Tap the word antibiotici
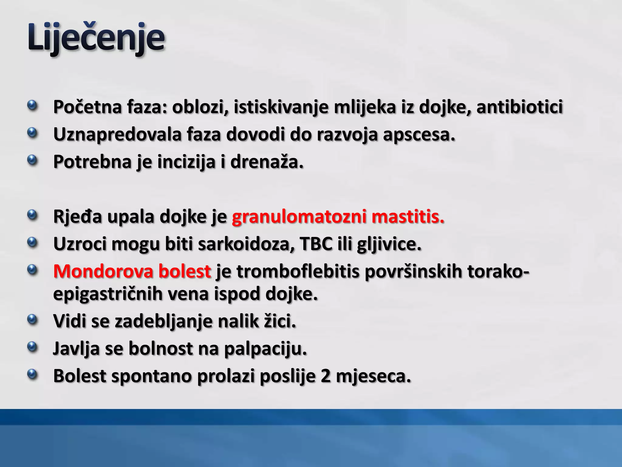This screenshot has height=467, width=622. [x=520, y=107]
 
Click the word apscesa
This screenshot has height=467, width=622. [x=419, y=135]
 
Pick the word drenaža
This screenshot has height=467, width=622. [x=267, y=162]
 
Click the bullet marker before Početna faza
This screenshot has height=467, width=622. [x=32, y=106]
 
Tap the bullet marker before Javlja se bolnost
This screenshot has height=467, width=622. [x=32, y=347]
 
